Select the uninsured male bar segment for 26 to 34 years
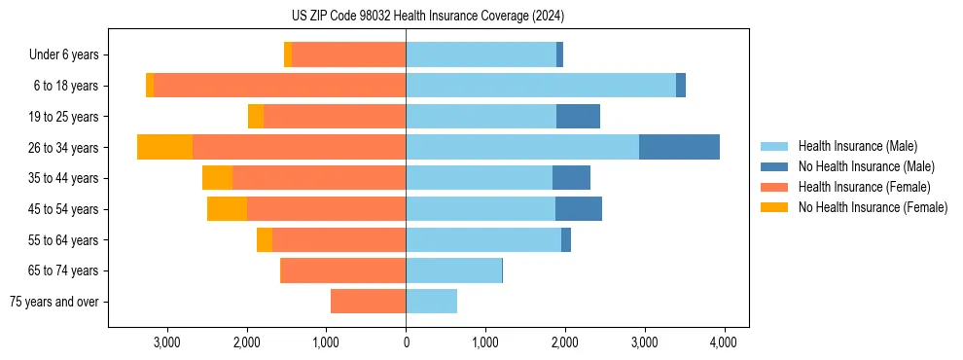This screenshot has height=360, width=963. (x=679, y=147)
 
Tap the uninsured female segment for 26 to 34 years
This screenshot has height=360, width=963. (x=164, y=147)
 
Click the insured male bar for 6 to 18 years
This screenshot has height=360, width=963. (x=540, y=86)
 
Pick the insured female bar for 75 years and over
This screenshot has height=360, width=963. (x=368, y=302)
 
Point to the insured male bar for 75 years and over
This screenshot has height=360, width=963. (x=431, y=302)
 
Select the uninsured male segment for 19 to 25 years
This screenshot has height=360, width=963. (x=578, y=117)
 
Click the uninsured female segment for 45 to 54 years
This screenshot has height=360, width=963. (x=227, y=209)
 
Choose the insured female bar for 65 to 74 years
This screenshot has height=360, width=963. (x=342, y=270)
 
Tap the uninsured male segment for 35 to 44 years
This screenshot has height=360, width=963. (x=571, y=178)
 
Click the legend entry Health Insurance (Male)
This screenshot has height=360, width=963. (x=857, y=146)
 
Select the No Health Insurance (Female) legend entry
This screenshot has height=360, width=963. (x=873, y=207)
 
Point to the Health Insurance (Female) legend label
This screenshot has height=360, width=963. (x=865, y=187)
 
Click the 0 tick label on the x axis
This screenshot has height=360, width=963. (x=406, y=342)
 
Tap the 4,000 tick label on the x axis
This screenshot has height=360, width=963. (x=723, y=342)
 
